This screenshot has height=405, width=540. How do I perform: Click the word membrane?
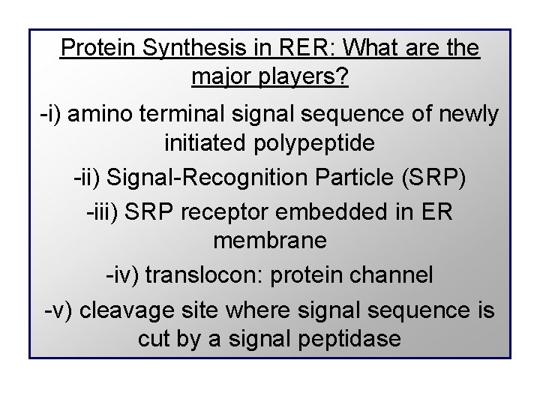click(x=270, y=241)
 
